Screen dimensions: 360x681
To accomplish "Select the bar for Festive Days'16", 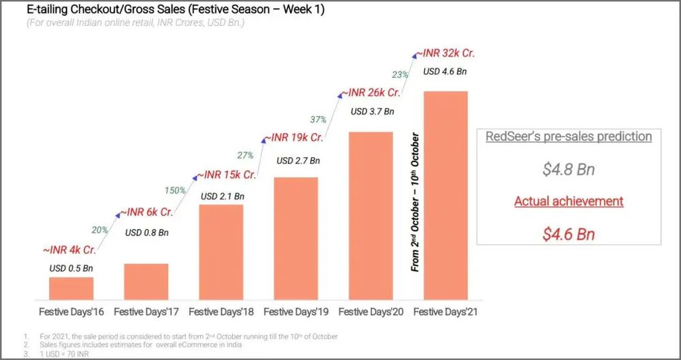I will coord(71,288).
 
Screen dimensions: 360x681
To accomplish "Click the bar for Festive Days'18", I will coord(221,252).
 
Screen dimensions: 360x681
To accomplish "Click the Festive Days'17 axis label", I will coord(146,312).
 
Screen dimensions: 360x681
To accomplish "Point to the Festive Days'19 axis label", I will coord(296,312).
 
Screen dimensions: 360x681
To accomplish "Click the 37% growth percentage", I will coord(317,119).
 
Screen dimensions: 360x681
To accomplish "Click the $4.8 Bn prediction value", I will coord(569,169).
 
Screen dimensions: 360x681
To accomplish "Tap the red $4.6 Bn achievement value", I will coord(569,234).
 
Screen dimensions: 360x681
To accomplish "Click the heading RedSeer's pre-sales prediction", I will coord(569,136).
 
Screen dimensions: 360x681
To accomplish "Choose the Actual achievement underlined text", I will coord(569,201).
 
